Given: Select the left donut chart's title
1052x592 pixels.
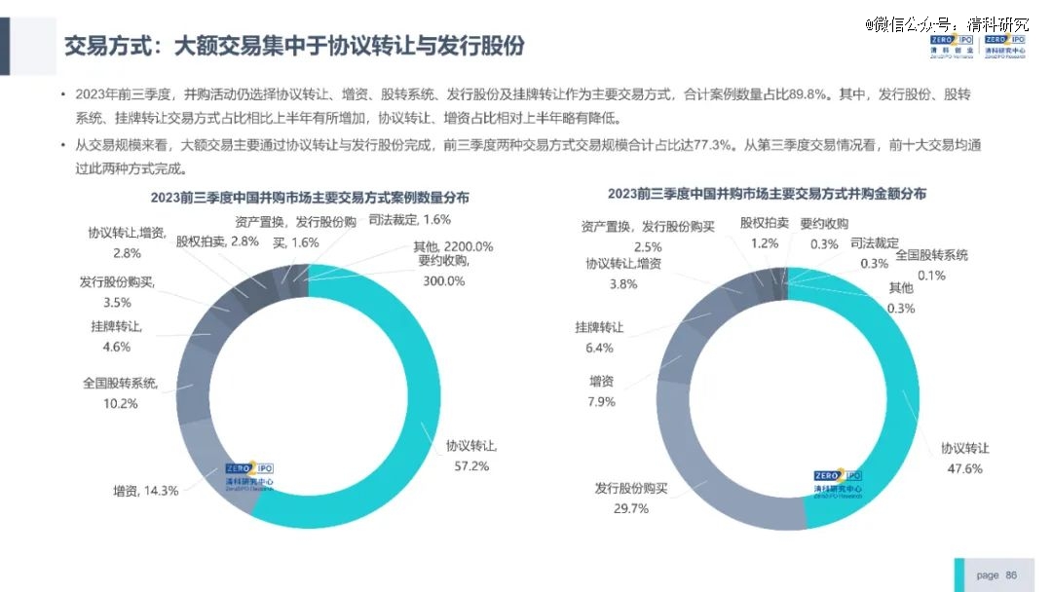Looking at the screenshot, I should (310, 197).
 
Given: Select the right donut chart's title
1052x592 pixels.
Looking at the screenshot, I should (767, 194).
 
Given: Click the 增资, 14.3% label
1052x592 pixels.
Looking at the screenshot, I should (146, 491).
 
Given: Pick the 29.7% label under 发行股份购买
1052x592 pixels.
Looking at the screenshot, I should (628, 508).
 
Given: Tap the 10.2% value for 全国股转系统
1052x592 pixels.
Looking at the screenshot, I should (121, 403).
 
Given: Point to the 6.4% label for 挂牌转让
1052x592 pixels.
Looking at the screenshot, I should (599, 348).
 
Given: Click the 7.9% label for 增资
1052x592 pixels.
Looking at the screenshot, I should (601, 401).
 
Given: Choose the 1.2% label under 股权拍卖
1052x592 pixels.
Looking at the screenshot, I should (765, 243).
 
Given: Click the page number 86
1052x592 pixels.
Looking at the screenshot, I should (1010, 575).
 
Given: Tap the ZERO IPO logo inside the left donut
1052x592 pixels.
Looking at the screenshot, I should (249, 474).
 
